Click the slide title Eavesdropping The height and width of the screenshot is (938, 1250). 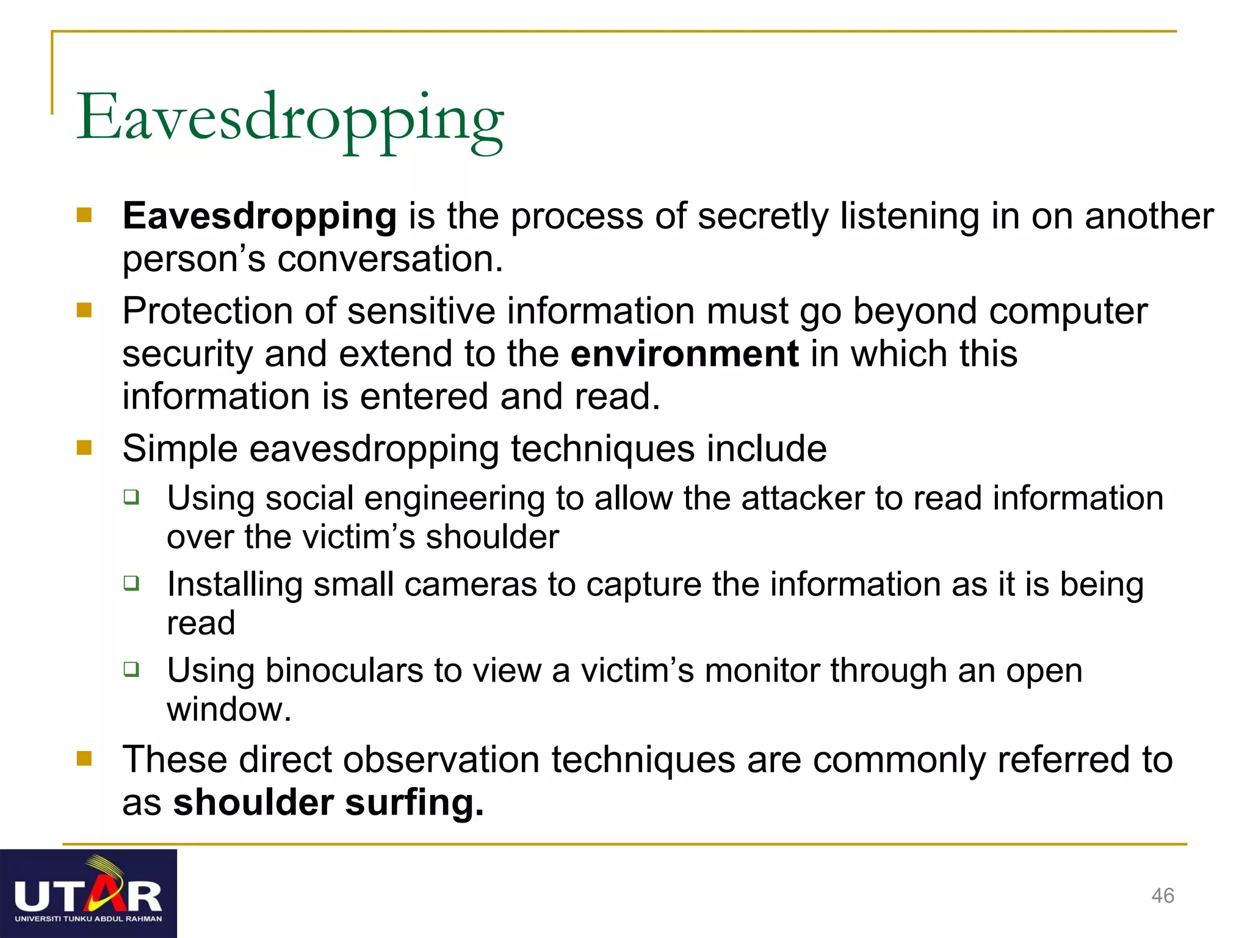pyautogui.click(x=290, y=119)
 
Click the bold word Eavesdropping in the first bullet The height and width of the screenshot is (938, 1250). pyautogui.click(x=259, y=217)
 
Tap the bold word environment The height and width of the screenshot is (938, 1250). pyautogui.click(x=684, y=354)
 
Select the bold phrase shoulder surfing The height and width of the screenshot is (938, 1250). pyautogui.click(x=328, y=802)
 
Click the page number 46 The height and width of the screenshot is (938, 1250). pyautogui.click(x=1162, y=896)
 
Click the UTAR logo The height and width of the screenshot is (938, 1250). pyautogui.click(x=89, y=893)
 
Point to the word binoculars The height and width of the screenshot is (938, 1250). pyautogui.click(x=344, y=671)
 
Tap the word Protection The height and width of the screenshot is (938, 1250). pyautogui.click(x=208, y=311)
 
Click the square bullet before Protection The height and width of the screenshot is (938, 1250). pyautogui.click(x=84, y=310)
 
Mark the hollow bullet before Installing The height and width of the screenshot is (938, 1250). pyautogui.click(x=131, y=583)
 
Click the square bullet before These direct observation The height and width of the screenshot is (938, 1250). pyautogui.click(x=84, y=758)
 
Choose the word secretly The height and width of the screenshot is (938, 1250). pyautogui.click(x=763, y=217)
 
